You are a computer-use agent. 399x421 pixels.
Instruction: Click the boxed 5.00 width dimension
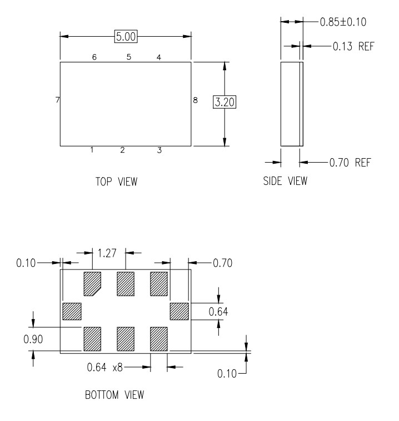(x=126, y=36)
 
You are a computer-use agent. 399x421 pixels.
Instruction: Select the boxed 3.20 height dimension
(x=225, y=102)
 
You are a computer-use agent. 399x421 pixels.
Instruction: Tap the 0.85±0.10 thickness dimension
(x=343, y=22)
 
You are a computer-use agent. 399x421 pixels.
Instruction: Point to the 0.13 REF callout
(x=353, y=46)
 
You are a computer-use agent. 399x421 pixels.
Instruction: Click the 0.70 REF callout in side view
(x=350, y=163)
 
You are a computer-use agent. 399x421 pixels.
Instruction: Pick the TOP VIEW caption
(x=116, y=182)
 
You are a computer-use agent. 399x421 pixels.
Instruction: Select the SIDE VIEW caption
(x=285, y=181)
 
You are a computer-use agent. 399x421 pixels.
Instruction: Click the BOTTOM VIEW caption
(x=114, y=395)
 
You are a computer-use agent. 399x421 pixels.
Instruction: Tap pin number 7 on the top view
(x=57, y=100)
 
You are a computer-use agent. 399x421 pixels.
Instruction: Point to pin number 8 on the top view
(x=196, y=100)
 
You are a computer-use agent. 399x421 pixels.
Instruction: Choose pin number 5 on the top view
(x=129, y=57)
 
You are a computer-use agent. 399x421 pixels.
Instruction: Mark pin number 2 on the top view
(x=122, y=150)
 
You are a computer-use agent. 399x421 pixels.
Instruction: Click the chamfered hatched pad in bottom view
(x=92, y=284)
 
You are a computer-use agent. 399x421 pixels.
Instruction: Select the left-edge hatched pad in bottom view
(x=72, y=311)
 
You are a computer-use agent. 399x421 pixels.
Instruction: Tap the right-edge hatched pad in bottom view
(x=179, y=311)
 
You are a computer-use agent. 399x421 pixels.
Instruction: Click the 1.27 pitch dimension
(x=107, y=253)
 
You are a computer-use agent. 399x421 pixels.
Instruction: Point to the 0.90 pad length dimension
(x=33, y=339)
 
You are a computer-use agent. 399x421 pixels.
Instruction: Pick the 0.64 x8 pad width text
(x=105, y=368)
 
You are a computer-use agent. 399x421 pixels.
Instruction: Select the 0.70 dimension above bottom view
(x=223, y=263)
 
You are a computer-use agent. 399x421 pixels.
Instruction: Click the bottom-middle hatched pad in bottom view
(x=126, y=339)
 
